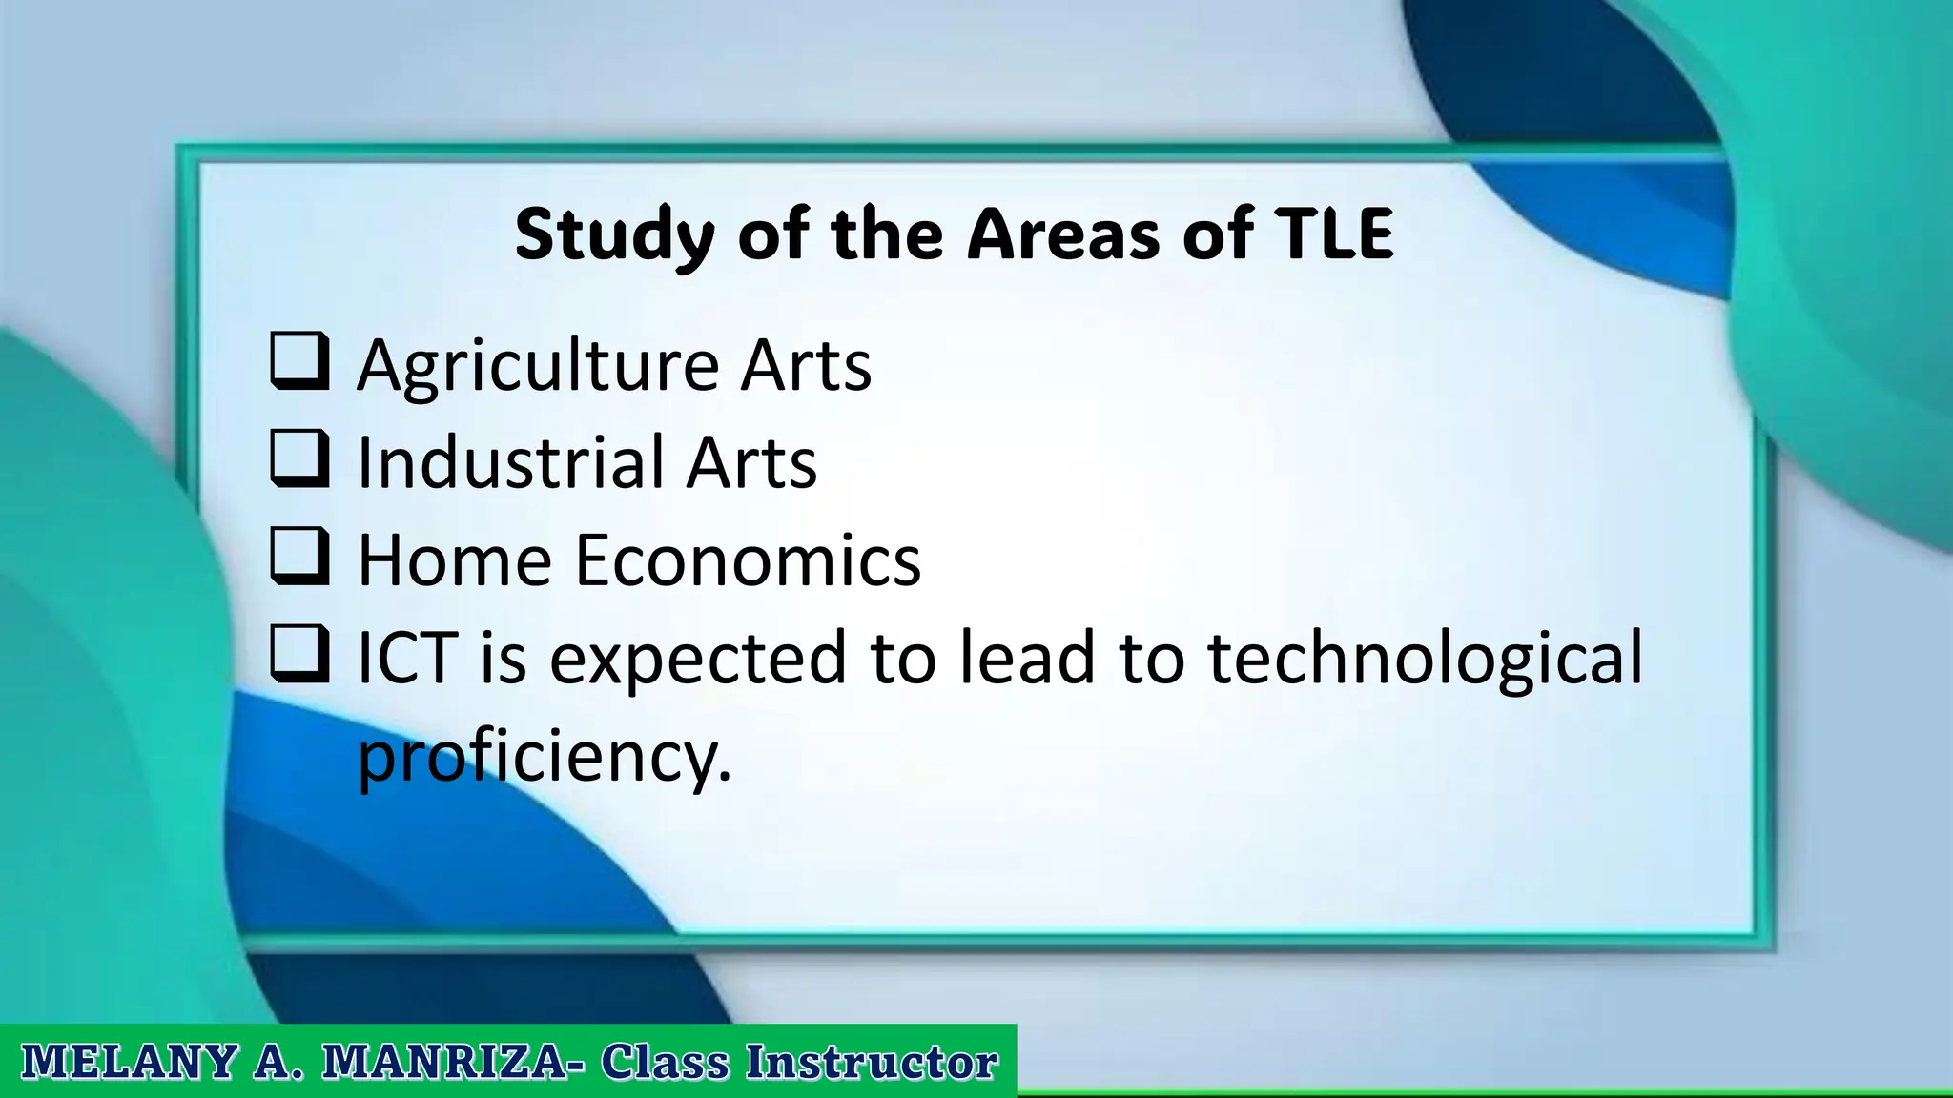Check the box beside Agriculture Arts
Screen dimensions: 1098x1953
point(299,362)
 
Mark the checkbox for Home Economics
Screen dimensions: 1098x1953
point(299,558)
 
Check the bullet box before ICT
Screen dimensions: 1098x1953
point(299,656)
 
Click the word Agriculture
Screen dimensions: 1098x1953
point(538,366)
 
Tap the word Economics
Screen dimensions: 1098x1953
point(748,560)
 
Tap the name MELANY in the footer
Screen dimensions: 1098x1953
point(129,1062)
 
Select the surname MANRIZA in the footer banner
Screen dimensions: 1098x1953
point(445,1062)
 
